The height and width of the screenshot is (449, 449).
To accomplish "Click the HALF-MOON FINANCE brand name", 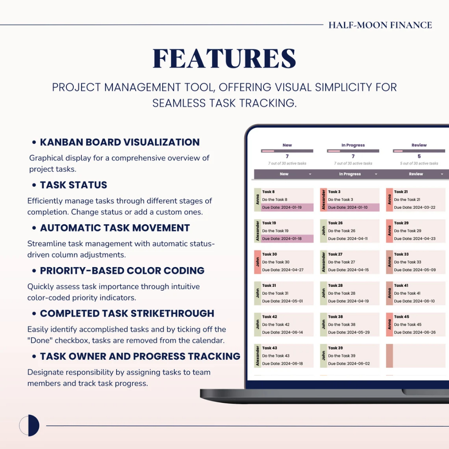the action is coord(380,25).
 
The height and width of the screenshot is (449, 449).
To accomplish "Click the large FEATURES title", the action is coord(224,58).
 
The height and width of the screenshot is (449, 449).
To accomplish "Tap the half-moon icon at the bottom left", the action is coord(29,425).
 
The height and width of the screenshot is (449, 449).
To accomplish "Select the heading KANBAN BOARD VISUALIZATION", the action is coord(120,142).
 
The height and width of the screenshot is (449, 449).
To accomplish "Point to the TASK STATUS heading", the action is coord(74,185).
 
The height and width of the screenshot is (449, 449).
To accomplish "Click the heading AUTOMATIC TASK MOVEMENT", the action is coord(115,228).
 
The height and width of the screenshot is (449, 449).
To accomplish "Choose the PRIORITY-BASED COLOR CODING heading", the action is coord(122,271).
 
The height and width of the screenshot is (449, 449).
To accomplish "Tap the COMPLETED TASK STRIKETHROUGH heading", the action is coord(127,314).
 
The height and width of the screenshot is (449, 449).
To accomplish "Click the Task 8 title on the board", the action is coord(268,192).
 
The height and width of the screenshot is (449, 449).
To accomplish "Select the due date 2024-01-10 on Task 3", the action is coord(348,207).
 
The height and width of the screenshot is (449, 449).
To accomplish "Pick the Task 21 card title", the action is coord(401,192).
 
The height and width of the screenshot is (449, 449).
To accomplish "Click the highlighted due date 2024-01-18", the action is coord(282,239).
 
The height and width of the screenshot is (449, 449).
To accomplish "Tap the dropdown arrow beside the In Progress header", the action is coord(376,174).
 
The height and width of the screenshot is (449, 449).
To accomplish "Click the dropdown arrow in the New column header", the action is coord(310,174).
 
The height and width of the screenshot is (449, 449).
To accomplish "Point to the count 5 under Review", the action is coord(419,157).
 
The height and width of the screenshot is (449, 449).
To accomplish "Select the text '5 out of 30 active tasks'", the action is coord(419,164).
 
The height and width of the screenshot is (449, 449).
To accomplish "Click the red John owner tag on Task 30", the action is coord(257,262).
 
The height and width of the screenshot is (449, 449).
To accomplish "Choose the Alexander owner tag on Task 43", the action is coord(257,356).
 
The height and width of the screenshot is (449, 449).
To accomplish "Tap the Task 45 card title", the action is coord(402,317).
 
